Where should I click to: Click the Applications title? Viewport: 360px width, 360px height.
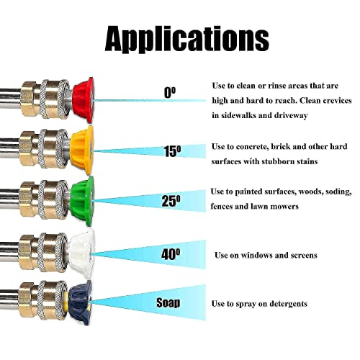(x=187, y=39)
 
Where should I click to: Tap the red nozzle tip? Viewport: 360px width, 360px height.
(x=84, y=100)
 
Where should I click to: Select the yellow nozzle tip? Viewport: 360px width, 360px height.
(x=82, y=150)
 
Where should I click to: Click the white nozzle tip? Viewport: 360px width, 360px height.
(x=82, y=253)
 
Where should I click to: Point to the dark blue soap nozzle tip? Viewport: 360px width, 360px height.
(x=80, y=303)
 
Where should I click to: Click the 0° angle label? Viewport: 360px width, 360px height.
(x=170, y=92)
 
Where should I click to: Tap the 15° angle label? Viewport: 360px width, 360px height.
(x=172, y=151)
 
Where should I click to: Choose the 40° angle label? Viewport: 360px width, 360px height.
(x=171, y=254)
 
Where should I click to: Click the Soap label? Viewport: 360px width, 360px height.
(x=168, y=302)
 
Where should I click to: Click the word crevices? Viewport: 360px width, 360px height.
(x=337, y=100)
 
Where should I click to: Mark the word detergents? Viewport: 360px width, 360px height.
(x=288, y=304)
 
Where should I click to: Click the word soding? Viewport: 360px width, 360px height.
(x=338, y=192)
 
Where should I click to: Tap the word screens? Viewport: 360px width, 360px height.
(x=304, y=255)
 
